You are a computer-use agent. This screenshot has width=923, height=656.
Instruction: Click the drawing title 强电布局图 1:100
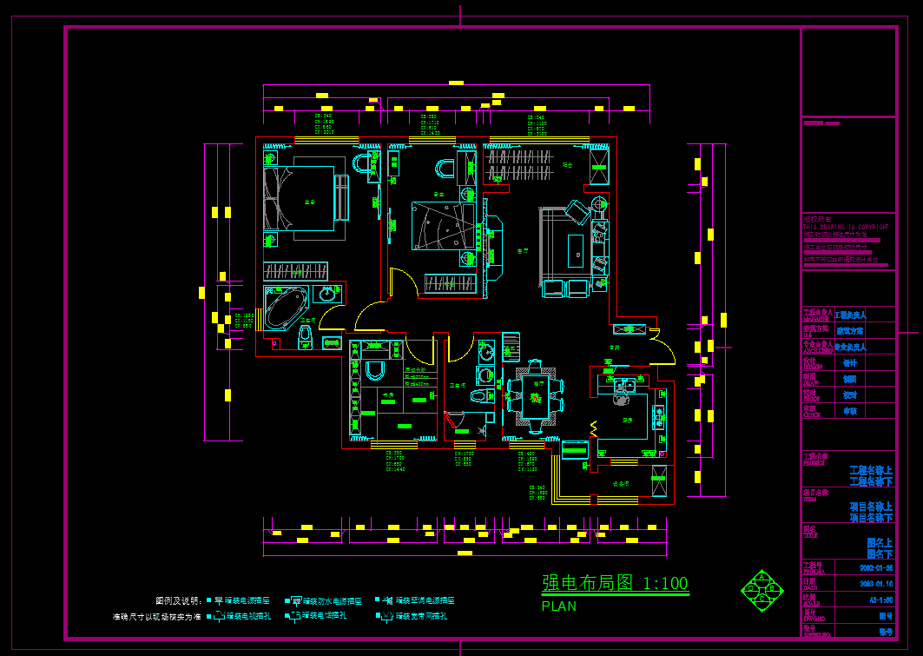click(x=615, y=582)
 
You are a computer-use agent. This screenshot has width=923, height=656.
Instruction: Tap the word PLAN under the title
click(x=558, y=606)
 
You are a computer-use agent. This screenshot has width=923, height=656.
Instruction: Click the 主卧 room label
click(x=309, y=202)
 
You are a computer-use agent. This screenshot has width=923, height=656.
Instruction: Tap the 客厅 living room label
click(x=523, y=251)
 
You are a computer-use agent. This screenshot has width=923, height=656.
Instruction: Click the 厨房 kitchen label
click(x=627, y=420)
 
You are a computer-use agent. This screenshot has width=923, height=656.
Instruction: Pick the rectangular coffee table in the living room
click(x=575, y=248)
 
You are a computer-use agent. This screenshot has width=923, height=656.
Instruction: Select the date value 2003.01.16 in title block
click(x=875, y=584)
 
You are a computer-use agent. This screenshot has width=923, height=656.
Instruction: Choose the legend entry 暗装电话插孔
click(x=324, y=616)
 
